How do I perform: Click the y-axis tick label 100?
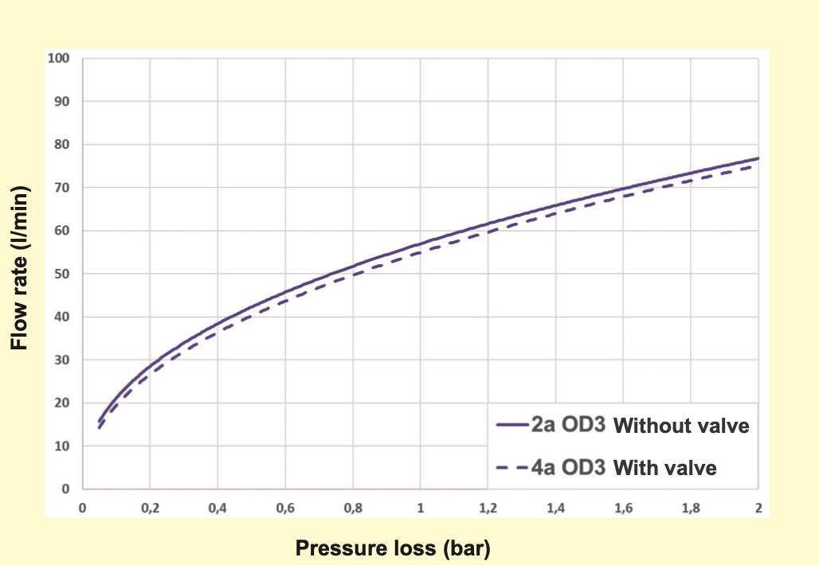(x=61, y=59)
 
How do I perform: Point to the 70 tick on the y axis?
(x=63, y=188)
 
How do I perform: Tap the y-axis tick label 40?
(x=63, y=318)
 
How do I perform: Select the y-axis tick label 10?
(x=63, y=446)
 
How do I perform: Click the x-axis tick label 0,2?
(x=150, y=508)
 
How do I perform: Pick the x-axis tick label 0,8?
(x=352, y=508)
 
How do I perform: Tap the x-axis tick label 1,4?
(x=555, y=508)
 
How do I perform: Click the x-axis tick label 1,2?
(x=488, y=508)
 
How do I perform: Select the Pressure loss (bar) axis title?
(x=393, y=547)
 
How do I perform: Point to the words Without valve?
(x=682, y=426)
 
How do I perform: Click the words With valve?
(x=664, y=468)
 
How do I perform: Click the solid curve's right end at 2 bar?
(x=758, y=158)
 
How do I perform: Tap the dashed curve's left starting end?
(x=100, y=428)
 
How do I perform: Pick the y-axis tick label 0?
(x=67, y=489)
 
